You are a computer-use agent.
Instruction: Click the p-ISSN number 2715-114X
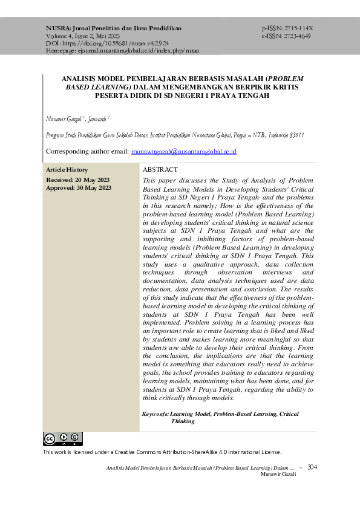click(x=296, y=28)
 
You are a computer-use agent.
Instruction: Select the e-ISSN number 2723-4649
click(x=296, y=36)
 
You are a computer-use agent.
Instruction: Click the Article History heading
click(x=67, y=170)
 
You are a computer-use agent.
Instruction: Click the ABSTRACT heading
click(x=160, y=170)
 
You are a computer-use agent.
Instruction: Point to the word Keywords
click(x=155, y=414)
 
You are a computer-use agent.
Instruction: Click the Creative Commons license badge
click(x=62, y=439)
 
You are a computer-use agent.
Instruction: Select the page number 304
click(x=312, y=467)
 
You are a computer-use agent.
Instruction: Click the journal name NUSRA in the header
click(x=58, y=28)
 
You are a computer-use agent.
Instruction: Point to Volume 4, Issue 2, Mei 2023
click(x=83, y=36)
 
